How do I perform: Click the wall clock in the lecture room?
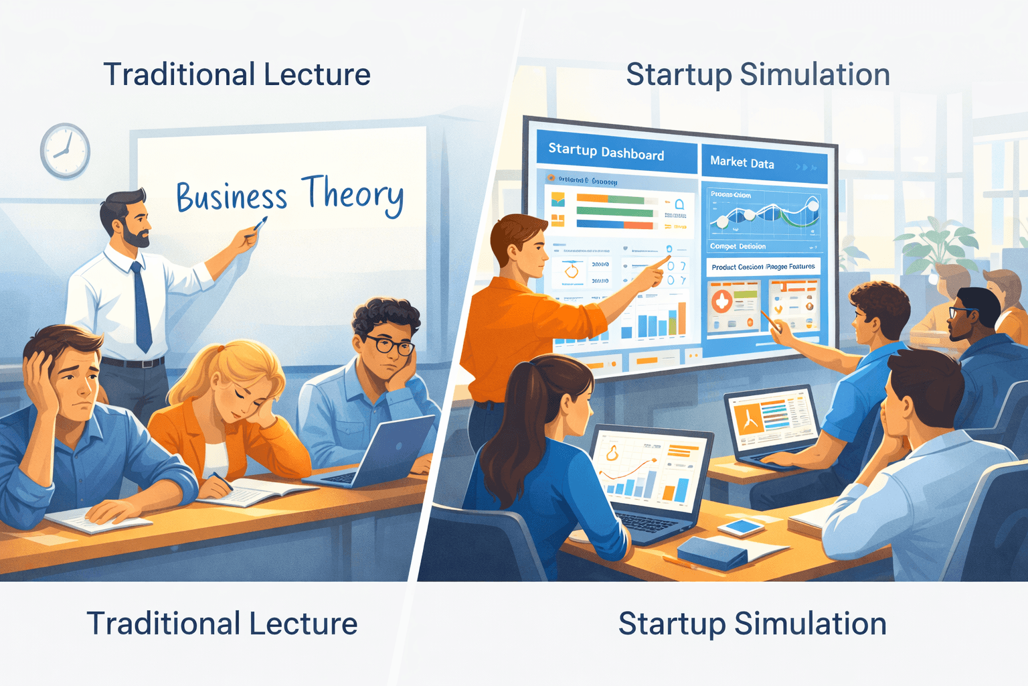65,151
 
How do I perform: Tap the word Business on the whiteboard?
232,197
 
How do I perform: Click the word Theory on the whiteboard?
352,194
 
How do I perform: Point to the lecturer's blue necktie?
141,305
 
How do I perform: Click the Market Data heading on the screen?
742,162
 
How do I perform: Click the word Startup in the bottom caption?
671,624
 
